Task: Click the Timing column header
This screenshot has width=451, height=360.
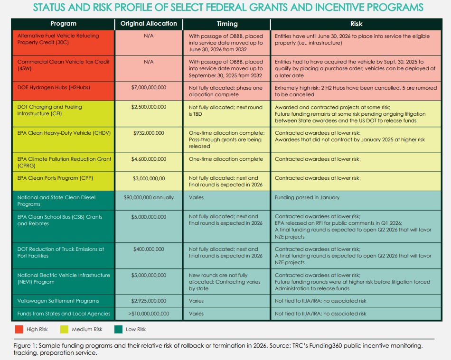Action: click(227, 24)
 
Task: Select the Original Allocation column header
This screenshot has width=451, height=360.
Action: click(149, 24)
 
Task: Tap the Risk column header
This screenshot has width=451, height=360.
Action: click(357, 24)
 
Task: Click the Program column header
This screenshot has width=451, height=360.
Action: click(64, 24)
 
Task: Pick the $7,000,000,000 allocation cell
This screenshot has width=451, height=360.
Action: click(149, 87)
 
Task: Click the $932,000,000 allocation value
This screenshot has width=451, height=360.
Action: click(149, 133)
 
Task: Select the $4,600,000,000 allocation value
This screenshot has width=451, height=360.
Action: click(149, 159)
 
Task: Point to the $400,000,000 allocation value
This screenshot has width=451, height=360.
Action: click(149, 249)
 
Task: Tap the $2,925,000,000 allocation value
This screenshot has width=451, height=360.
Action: click(149, 301)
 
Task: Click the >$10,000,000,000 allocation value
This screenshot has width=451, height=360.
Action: click(149, 314)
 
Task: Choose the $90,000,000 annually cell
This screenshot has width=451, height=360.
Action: click(149, 197)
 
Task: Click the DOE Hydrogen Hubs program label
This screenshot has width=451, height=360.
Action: click(54, 87)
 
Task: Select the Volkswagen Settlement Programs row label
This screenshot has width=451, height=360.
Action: click(58, 301)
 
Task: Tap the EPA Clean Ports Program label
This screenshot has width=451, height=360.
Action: click(55, 178)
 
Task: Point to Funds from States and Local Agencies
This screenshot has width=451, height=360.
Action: click(64, 314)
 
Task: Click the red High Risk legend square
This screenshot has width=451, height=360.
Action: click(19, 329)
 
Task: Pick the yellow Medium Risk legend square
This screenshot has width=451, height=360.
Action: click(65, 329)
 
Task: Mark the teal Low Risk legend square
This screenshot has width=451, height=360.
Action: click(118, 329)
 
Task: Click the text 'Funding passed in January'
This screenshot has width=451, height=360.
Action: click(307, 197)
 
